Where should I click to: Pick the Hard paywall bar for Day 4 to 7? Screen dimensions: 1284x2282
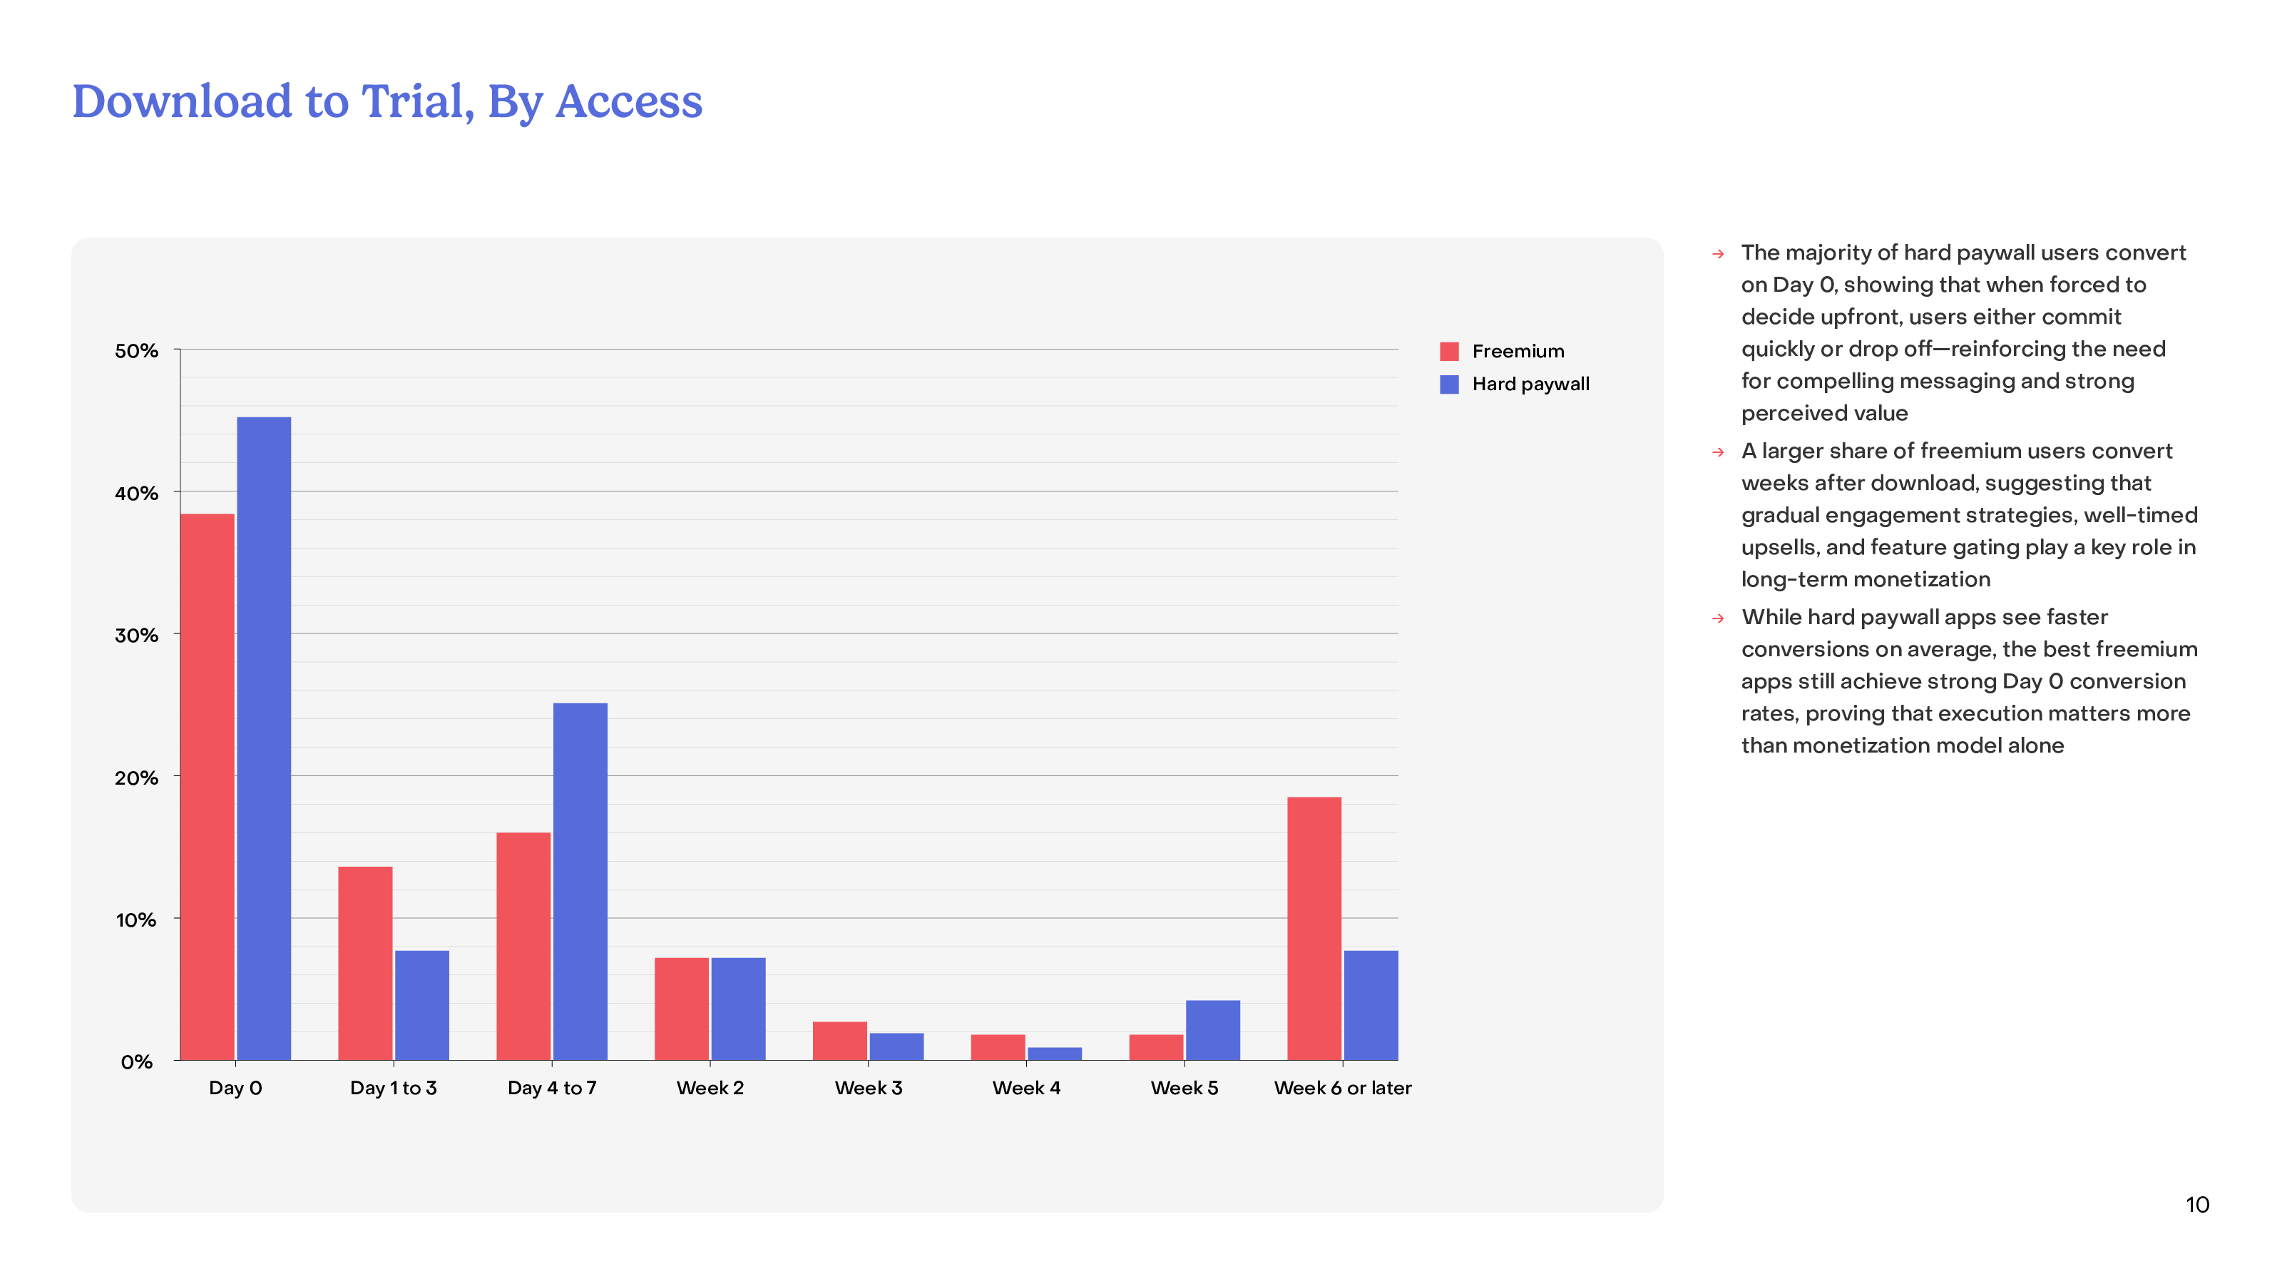click(x=580, y=881)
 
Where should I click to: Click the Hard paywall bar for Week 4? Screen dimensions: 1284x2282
click(x=1054, y=1054)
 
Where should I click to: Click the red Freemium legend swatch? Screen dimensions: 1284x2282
click(x=1449, y=352)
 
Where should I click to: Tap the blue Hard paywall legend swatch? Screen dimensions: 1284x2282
click(x=1449, y=384)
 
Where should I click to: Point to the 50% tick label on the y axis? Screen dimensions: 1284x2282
click(x=136, y=351)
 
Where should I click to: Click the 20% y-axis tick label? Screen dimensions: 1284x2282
click(x=136, y=778)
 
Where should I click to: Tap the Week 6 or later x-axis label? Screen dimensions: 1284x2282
click(x=1342, y=1088)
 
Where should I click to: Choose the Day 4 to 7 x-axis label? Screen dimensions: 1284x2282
click(x=552, y=1088)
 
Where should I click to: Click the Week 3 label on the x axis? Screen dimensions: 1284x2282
click(x=868, y=1088)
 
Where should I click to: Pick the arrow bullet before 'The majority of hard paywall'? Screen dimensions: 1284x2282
click(x=1719, y=255)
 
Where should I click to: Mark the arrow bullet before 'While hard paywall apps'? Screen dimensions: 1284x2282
click(x=1719, y=618)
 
